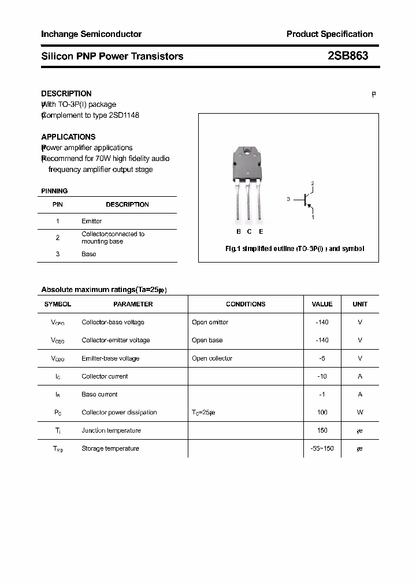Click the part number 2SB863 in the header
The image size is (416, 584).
pyautogui.click(x=347, y=56)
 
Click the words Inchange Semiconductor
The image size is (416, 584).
pyautogui.click(x=91, y=34)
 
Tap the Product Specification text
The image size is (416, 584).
pyautogui.click(x=329, y=34)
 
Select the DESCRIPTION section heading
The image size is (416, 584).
pyautogui.click(x=66, y=93)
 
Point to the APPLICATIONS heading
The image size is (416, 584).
pyautogui.click(x=68, y=137)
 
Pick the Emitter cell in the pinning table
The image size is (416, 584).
pyautogui.click(x=91, y=221)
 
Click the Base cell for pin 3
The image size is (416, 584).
pyautogui.click(x=89, y=254)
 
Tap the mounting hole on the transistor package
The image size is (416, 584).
pyautogui.click(x=247, y=153)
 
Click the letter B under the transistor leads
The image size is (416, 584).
pyautogui.click(x=238, y=231)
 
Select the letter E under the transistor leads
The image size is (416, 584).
pyautogui.click(x=261, y=231)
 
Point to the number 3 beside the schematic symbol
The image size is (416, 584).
pyautogui.click(x=288, y=199)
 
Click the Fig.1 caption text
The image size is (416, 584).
pyautogui.click(x=294, y=249)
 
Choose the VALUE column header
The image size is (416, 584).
pyautogui.click(x=322, y=304)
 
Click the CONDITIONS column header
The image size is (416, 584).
pyautogui.click(x=246, y=304)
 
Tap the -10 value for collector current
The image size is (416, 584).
pyautogui.click(x=322, y=376)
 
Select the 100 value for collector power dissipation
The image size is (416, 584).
pyautogui.click(x=322, y=412)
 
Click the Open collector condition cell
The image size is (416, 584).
pyautogui.click(x=212, y=358)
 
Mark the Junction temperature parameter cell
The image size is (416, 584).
pyautogui.click(x=111, y=430)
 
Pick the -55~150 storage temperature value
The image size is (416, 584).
pyautogui.click(x=322, y=448)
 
